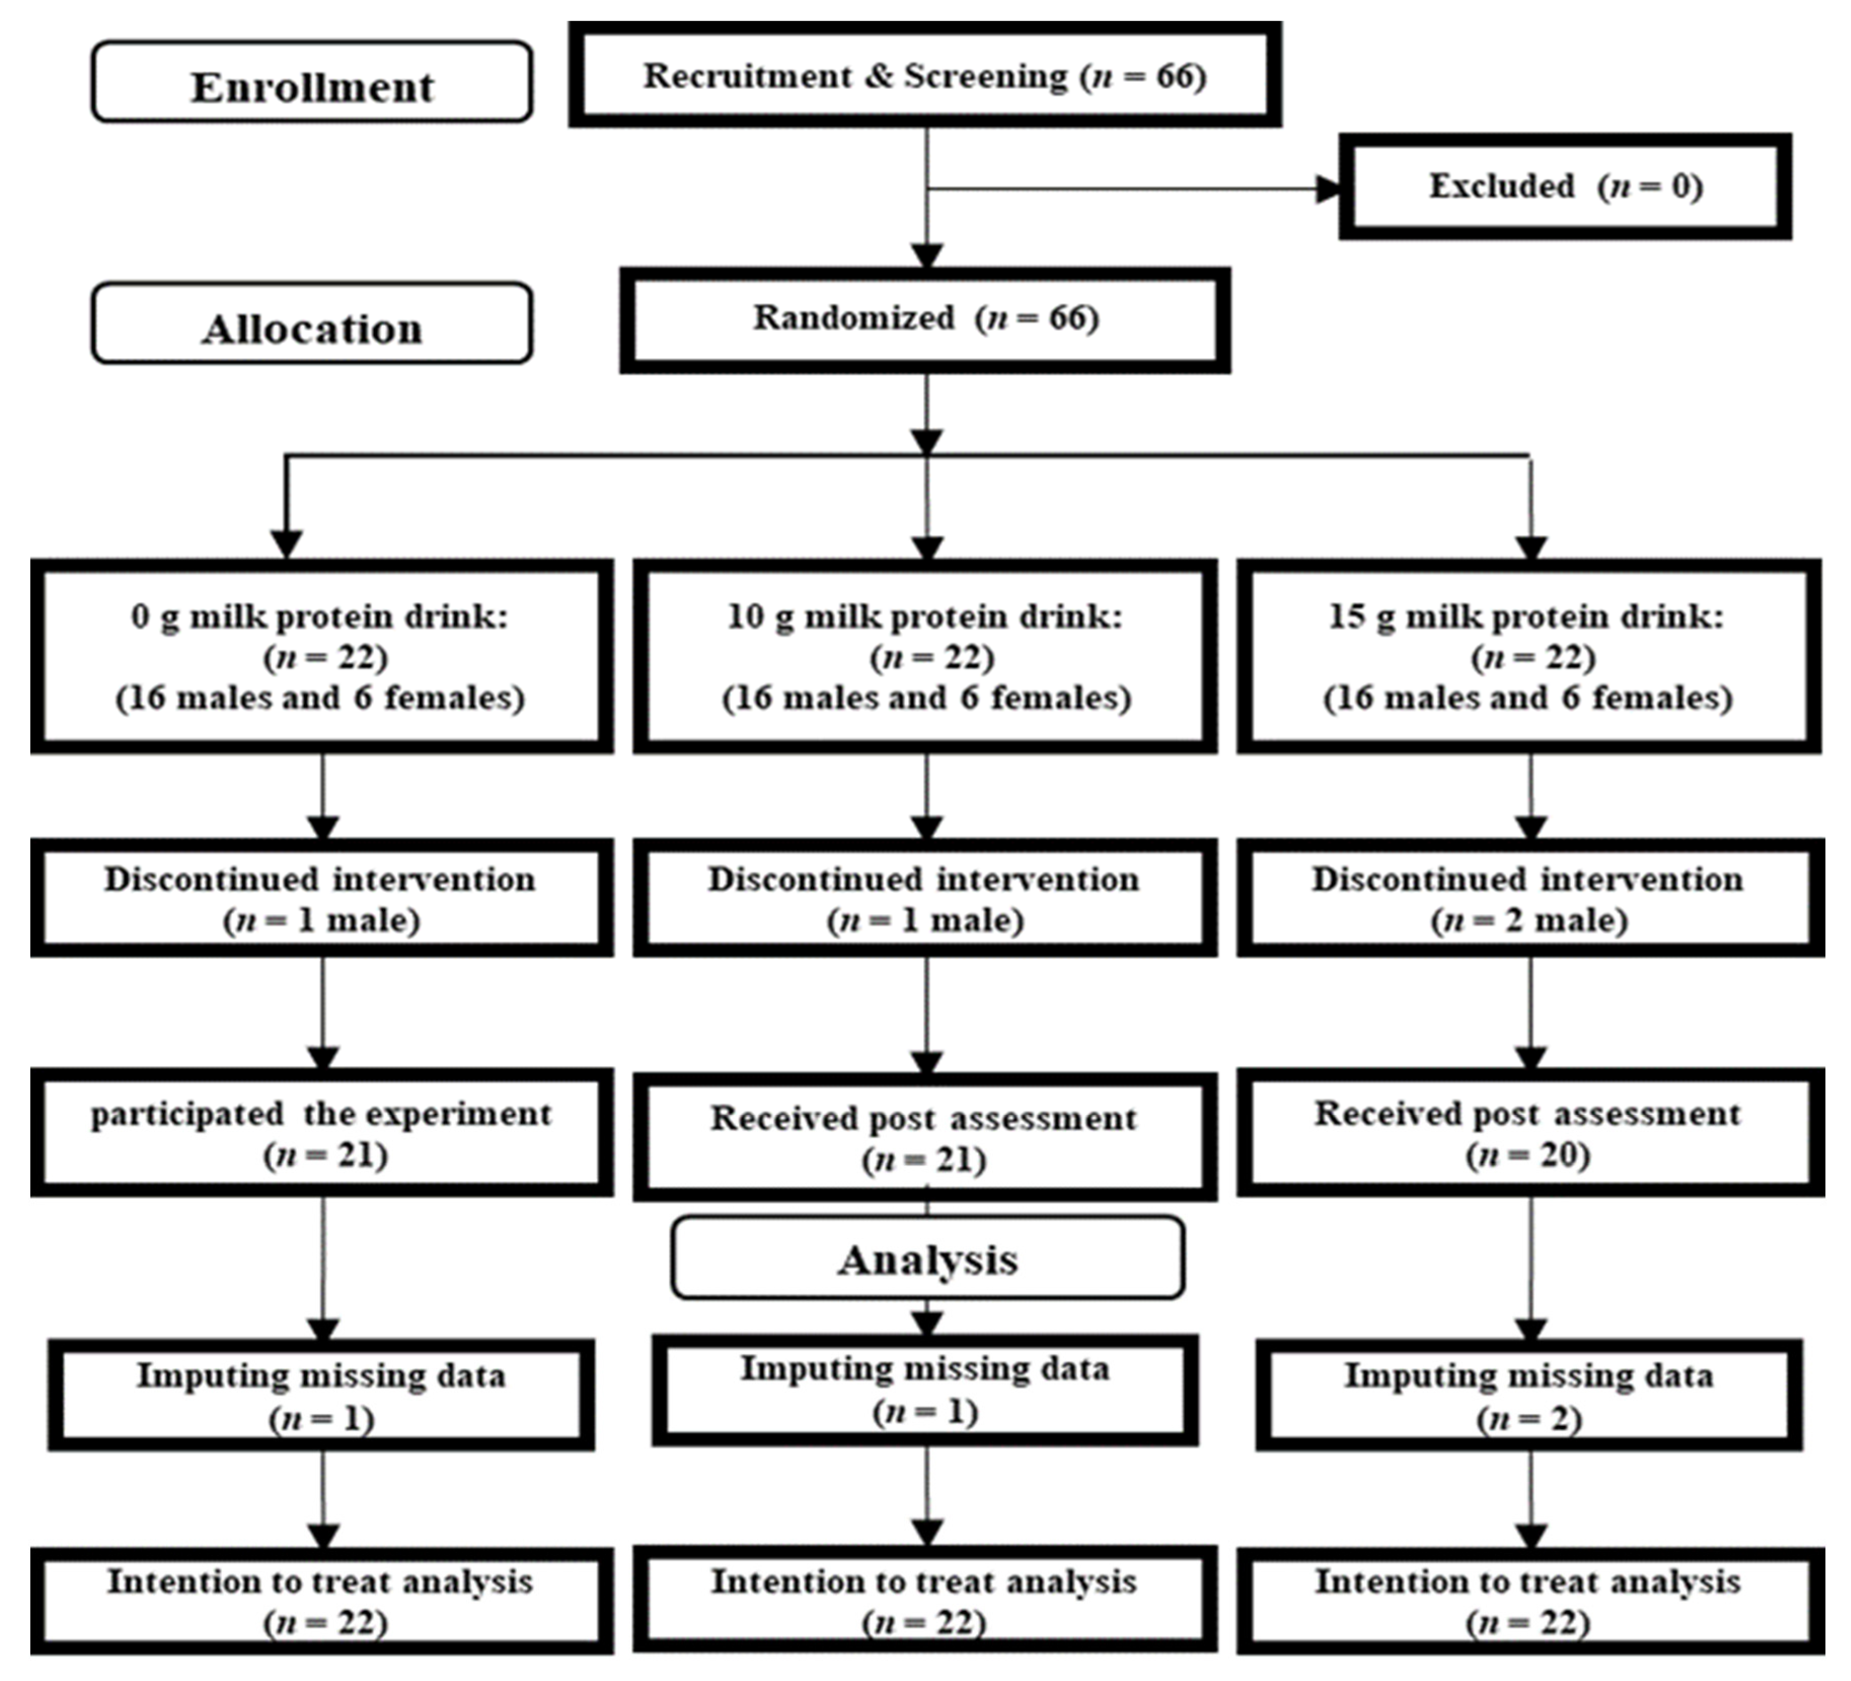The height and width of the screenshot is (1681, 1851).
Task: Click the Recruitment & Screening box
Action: [x=925, y=76]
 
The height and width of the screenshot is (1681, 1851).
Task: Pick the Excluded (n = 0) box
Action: [x=1565, y=186]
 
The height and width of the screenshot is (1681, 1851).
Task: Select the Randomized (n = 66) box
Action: [x=925, y=319]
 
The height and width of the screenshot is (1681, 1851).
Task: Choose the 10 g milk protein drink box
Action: [x=925, y=656]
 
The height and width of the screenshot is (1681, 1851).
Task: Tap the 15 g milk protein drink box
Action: [x=1529, y=656]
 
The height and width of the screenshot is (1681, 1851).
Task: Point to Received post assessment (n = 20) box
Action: [x=1529, y=1132]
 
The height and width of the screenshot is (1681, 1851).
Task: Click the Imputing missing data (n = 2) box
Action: [x=1529, y=1396]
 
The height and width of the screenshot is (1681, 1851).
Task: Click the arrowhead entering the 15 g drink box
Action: [x=1530, y=547]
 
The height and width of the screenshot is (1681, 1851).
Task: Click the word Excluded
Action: [x=1501, y=186]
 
